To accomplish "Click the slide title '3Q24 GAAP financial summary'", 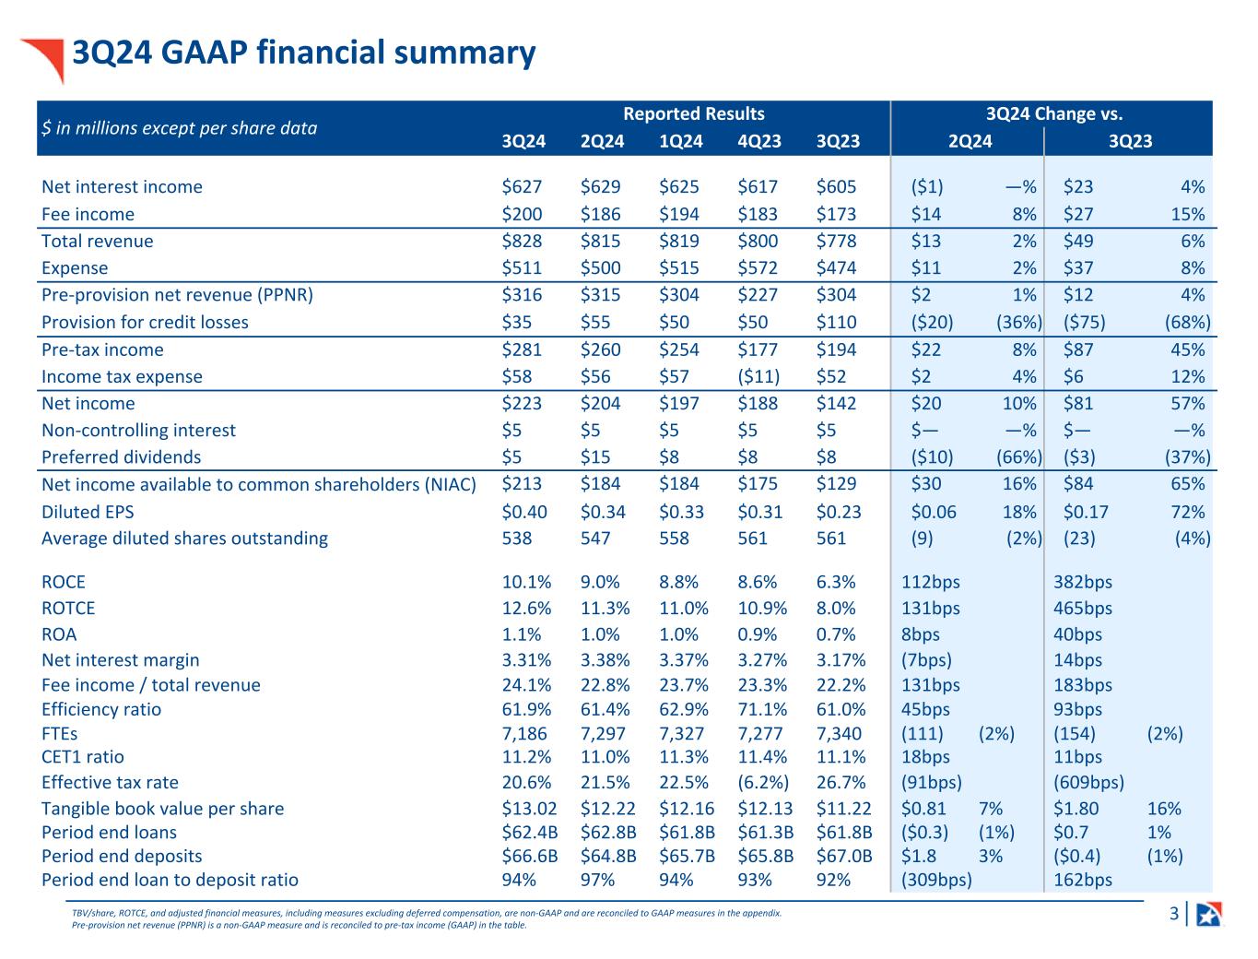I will [x=303, y=53].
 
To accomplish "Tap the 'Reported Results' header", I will [x=693, y=114].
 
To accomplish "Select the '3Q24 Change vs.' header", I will [x=1053, y=114].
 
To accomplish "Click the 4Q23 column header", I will [x=759, y=141].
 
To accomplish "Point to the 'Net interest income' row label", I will [x=122, y=187].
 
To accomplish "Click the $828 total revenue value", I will [x=522, y=242].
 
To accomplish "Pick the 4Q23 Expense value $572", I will [x=758, y=268].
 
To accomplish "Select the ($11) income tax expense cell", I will [x=758, y=377].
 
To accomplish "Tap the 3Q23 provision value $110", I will [x=836, y=323].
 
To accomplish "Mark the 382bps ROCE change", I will [x=1083, y=583].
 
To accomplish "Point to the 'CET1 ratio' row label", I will [x=82, y=757].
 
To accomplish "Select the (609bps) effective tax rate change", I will [x=1088, y=783].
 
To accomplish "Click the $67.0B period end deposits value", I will [x=844, y=856].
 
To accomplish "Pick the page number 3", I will [x=1173, y=915].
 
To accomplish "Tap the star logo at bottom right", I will [x=1208, y=915].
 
